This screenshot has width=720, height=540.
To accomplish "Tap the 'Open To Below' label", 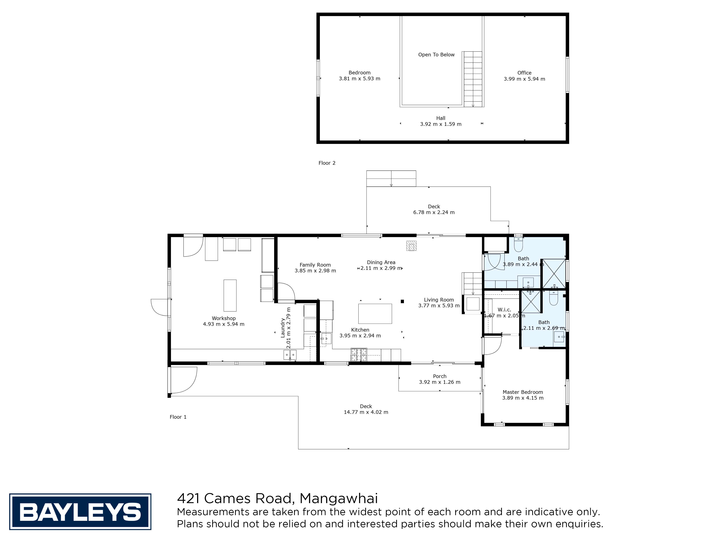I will point(436,55).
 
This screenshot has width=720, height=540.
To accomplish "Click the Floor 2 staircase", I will point(473,79).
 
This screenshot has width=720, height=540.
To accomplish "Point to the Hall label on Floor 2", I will point(440,118).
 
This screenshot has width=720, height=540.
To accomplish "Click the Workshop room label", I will point(223,318).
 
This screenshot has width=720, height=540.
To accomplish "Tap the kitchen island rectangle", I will point(375,313).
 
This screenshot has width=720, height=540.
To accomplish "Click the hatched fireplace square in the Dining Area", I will point(411,246).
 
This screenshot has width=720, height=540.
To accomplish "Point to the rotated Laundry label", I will point(283,327).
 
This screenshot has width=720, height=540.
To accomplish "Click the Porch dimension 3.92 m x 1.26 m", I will point(439,382).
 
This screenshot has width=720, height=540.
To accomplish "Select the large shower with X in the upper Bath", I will point(553,274).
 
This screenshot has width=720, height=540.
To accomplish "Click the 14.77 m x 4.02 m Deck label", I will point(366,409).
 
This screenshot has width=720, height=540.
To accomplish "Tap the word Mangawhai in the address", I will point(339,498).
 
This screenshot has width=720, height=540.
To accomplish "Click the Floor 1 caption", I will point(178,417).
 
